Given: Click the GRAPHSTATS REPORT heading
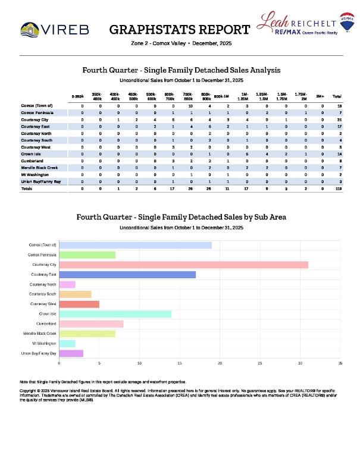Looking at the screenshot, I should (x=180, y=30).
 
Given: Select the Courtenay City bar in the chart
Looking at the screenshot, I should (x=183, y=264).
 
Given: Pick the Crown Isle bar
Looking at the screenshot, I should (x=115, y=313).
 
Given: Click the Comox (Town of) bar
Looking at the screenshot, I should (x=135, y=244).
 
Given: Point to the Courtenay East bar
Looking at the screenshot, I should (x=127, y=274).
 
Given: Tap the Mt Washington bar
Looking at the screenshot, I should (x=67, y=343).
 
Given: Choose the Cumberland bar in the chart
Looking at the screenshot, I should (x=91, y=323).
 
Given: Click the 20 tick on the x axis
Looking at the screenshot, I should (x=220, y=362).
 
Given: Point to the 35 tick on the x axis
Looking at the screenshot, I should (x=340, y=362).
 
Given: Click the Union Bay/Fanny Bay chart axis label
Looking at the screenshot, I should (x=39, y=353).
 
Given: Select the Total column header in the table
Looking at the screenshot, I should (x=337, y=96).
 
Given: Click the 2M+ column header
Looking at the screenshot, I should (x=320, y=96).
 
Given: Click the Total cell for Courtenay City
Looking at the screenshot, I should (x=337, y=120).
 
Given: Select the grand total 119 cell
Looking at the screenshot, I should (x=337, y=188).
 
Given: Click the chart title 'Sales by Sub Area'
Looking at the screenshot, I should (x=181, y=217).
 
